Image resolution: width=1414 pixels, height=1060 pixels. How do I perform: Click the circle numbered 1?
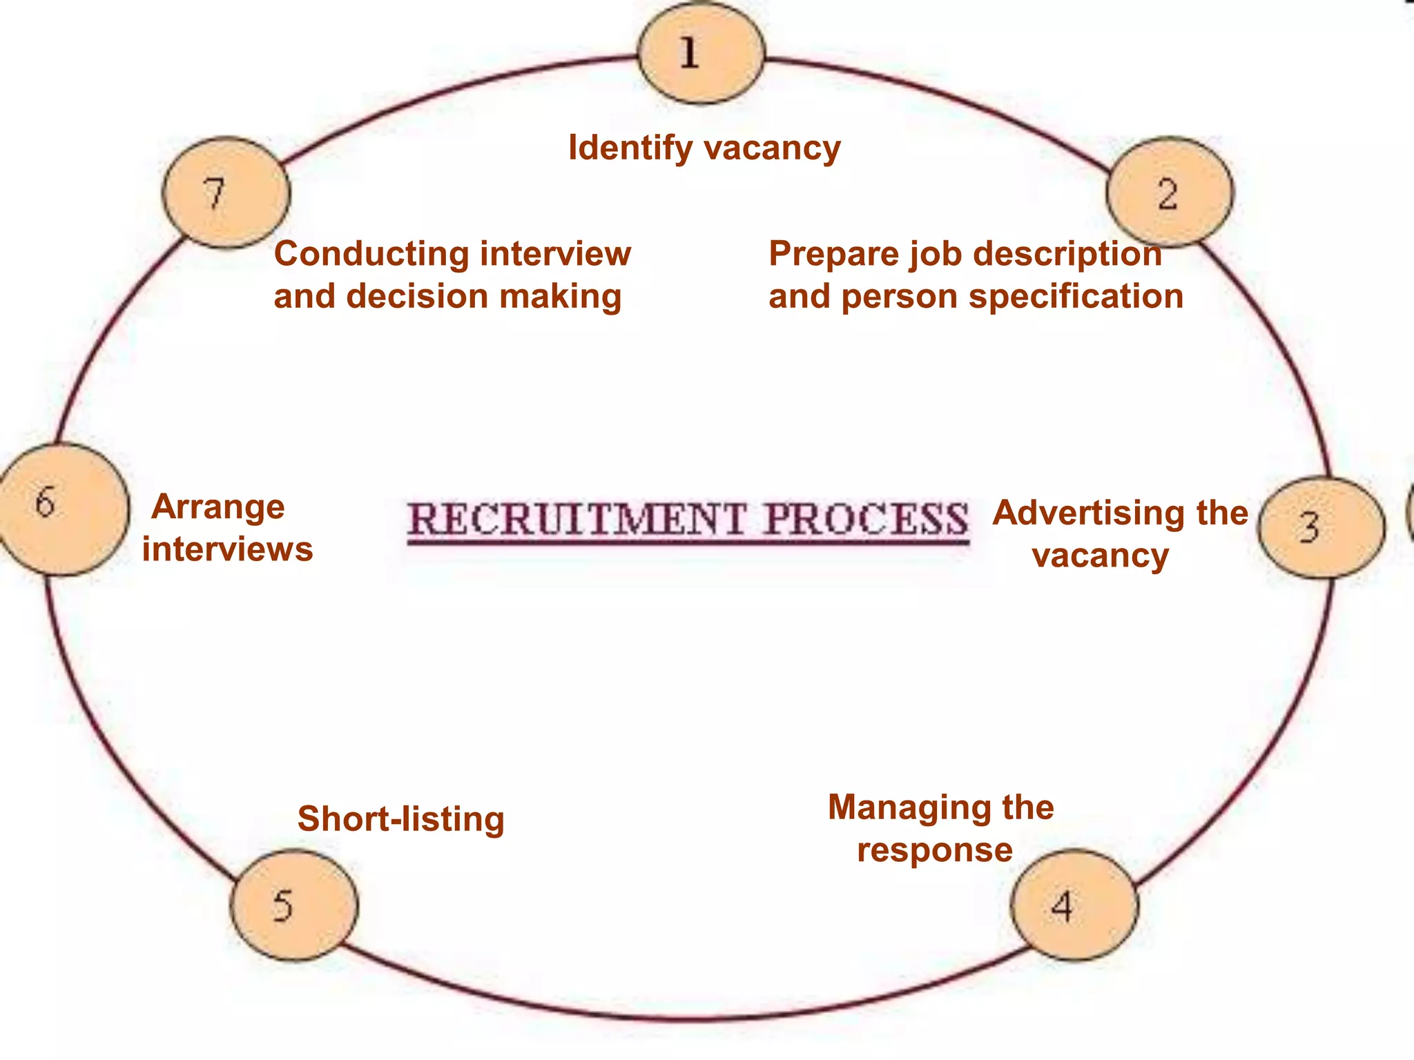[x=701, y=54]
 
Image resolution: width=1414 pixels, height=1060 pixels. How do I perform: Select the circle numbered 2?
[x=1169, y=193]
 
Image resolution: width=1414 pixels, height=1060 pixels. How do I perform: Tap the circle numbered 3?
[x=1321, y=527]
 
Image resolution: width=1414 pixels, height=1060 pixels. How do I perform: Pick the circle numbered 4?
[x=1074, y=905]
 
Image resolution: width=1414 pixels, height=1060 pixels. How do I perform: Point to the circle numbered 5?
[x=294, y=905]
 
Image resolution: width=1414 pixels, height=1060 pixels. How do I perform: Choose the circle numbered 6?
[x=62, y=509]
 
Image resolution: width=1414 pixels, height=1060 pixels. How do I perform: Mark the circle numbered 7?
[x=226, y=193]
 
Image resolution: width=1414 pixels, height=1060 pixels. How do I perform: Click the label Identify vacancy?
[x=704, y=148]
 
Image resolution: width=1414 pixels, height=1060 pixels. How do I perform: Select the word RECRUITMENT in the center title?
[x=577, y=520]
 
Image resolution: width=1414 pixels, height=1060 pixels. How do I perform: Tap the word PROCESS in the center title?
[x=866, y=520]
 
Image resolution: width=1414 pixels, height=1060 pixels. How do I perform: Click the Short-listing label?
[x=401, y=819]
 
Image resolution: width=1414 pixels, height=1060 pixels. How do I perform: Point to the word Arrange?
[x=218, y=507]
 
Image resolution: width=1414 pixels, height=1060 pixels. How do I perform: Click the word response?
[x=935, y=850]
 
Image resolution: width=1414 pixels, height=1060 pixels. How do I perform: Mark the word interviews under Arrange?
[x=228, y=549]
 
